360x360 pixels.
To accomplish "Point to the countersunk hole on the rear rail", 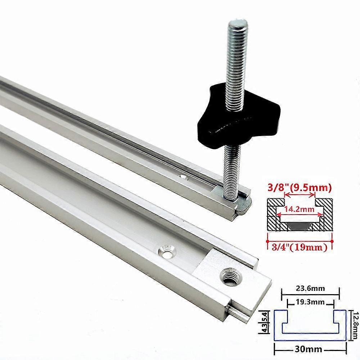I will click(x=184, y=177).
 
